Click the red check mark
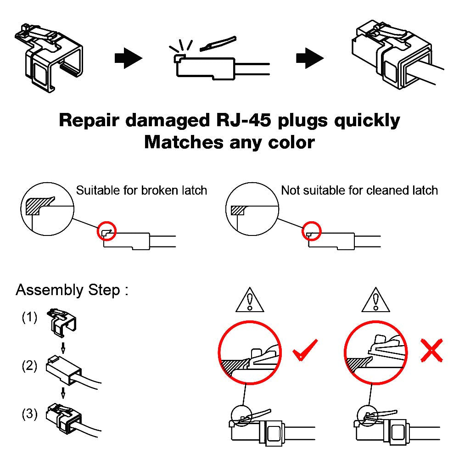pyautogui.click(x=305, y=350)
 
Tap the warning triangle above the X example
pyautogui.click(x=375, y=300)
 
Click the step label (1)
pyautogui.click(x=29, y=318)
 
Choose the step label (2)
pyautogui.click(x=29, y=366)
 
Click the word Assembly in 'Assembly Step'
pyautogui.click(x=44, y=291)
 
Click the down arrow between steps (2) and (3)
pyautogui.click(x=63, y=393)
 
